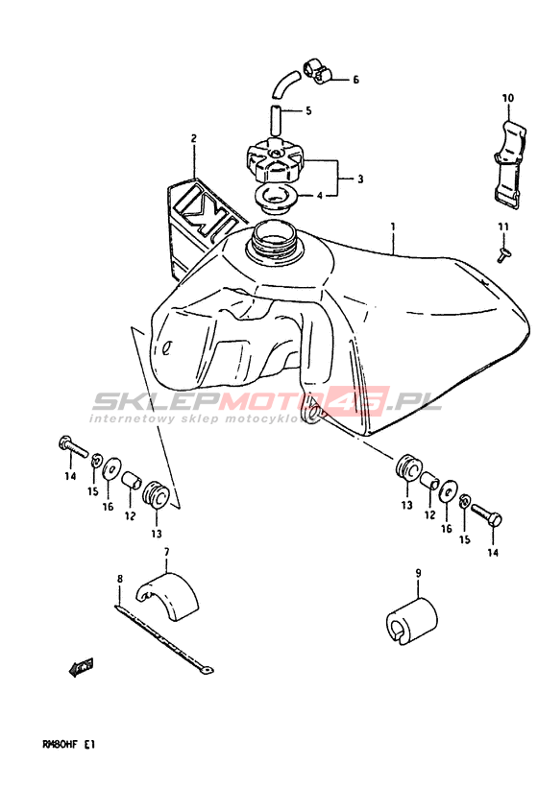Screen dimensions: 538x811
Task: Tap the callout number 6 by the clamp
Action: (x=355, y=80)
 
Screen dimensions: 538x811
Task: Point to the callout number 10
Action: (x=507, y=98)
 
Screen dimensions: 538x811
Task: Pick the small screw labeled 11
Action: (x=503, y=254)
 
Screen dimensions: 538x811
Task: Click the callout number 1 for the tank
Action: (x=393, y=227)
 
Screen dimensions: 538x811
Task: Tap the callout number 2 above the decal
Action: (x=194, y=138)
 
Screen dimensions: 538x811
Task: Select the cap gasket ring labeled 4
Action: (x=275, y=199)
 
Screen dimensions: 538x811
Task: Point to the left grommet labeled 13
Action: (x=156, y=494)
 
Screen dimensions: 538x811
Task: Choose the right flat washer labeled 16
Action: (x=448, y=489)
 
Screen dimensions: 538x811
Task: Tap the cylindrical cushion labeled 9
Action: (x=411, y=621)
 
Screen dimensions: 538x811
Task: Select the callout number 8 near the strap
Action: (x=120, y=579)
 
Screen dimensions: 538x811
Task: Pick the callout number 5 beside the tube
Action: (x=308, y=110)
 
